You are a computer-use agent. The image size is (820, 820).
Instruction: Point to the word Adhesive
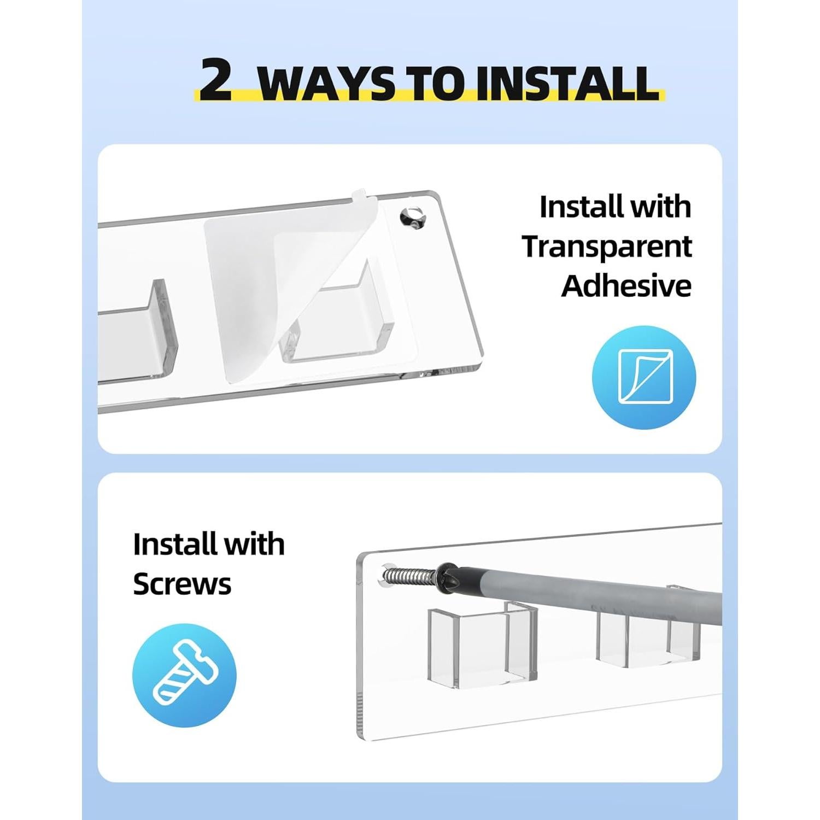coord(626,285)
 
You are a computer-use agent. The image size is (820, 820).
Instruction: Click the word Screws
coord(182,584)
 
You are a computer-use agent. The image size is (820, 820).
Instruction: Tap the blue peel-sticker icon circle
coord(644,377)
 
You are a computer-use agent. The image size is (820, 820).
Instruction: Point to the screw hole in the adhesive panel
coord(412,218)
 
